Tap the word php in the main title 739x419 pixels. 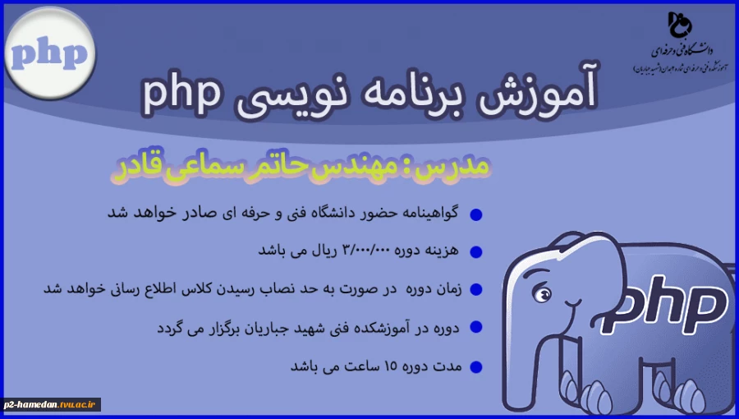[182, 93]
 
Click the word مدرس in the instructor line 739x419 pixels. [462, 166]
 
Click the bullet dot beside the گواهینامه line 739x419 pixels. [475, 215]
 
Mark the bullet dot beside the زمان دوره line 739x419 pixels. [475, 290]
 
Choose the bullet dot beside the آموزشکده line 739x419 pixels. [475, 328]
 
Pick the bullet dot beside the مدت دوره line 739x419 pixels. [475, 366]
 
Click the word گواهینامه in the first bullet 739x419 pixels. [432, 214]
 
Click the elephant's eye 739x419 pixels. [539, 293]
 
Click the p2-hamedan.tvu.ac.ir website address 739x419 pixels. [52, 403]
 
